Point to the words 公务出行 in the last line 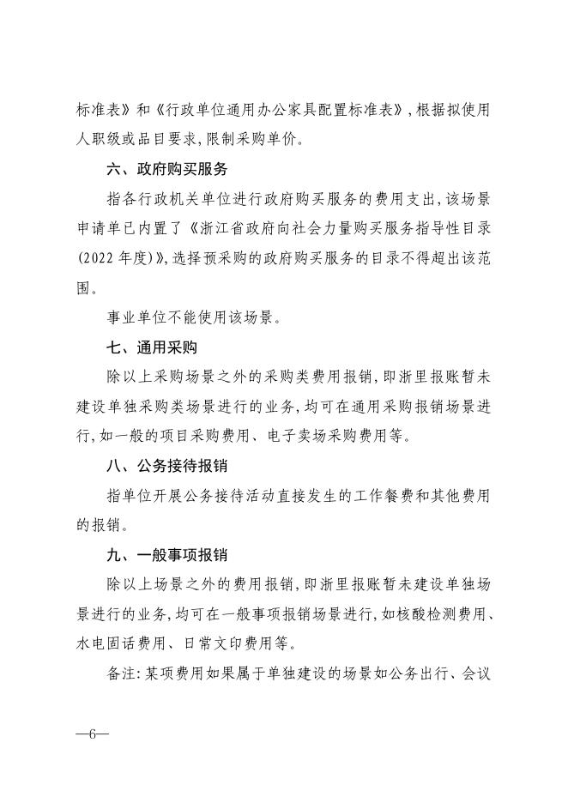[436, 675]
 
